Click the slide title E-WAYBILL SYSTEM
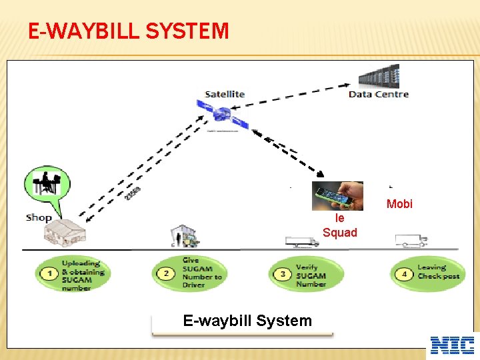pos(129,31)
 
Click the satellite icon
pos(222,115)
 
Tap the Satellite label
pos(225,94)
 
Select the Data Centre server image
pos(379,76)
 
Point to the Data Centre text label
pos(379,94)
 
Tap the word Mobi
pos(399,204)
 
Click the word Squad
pos(340,233)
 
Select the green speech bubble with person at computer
pos(46,185)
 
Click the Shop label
pos(39,217)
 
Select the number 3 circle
pos(283,274)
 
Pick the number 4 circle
pos(405,274)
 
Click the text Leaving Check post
pos(438,272)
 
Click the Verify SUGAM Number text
pos(311,275)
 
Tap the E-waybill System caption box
pos(247,321)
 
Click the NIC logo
pos(453,345)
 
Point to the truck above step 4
pos(411,240)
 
